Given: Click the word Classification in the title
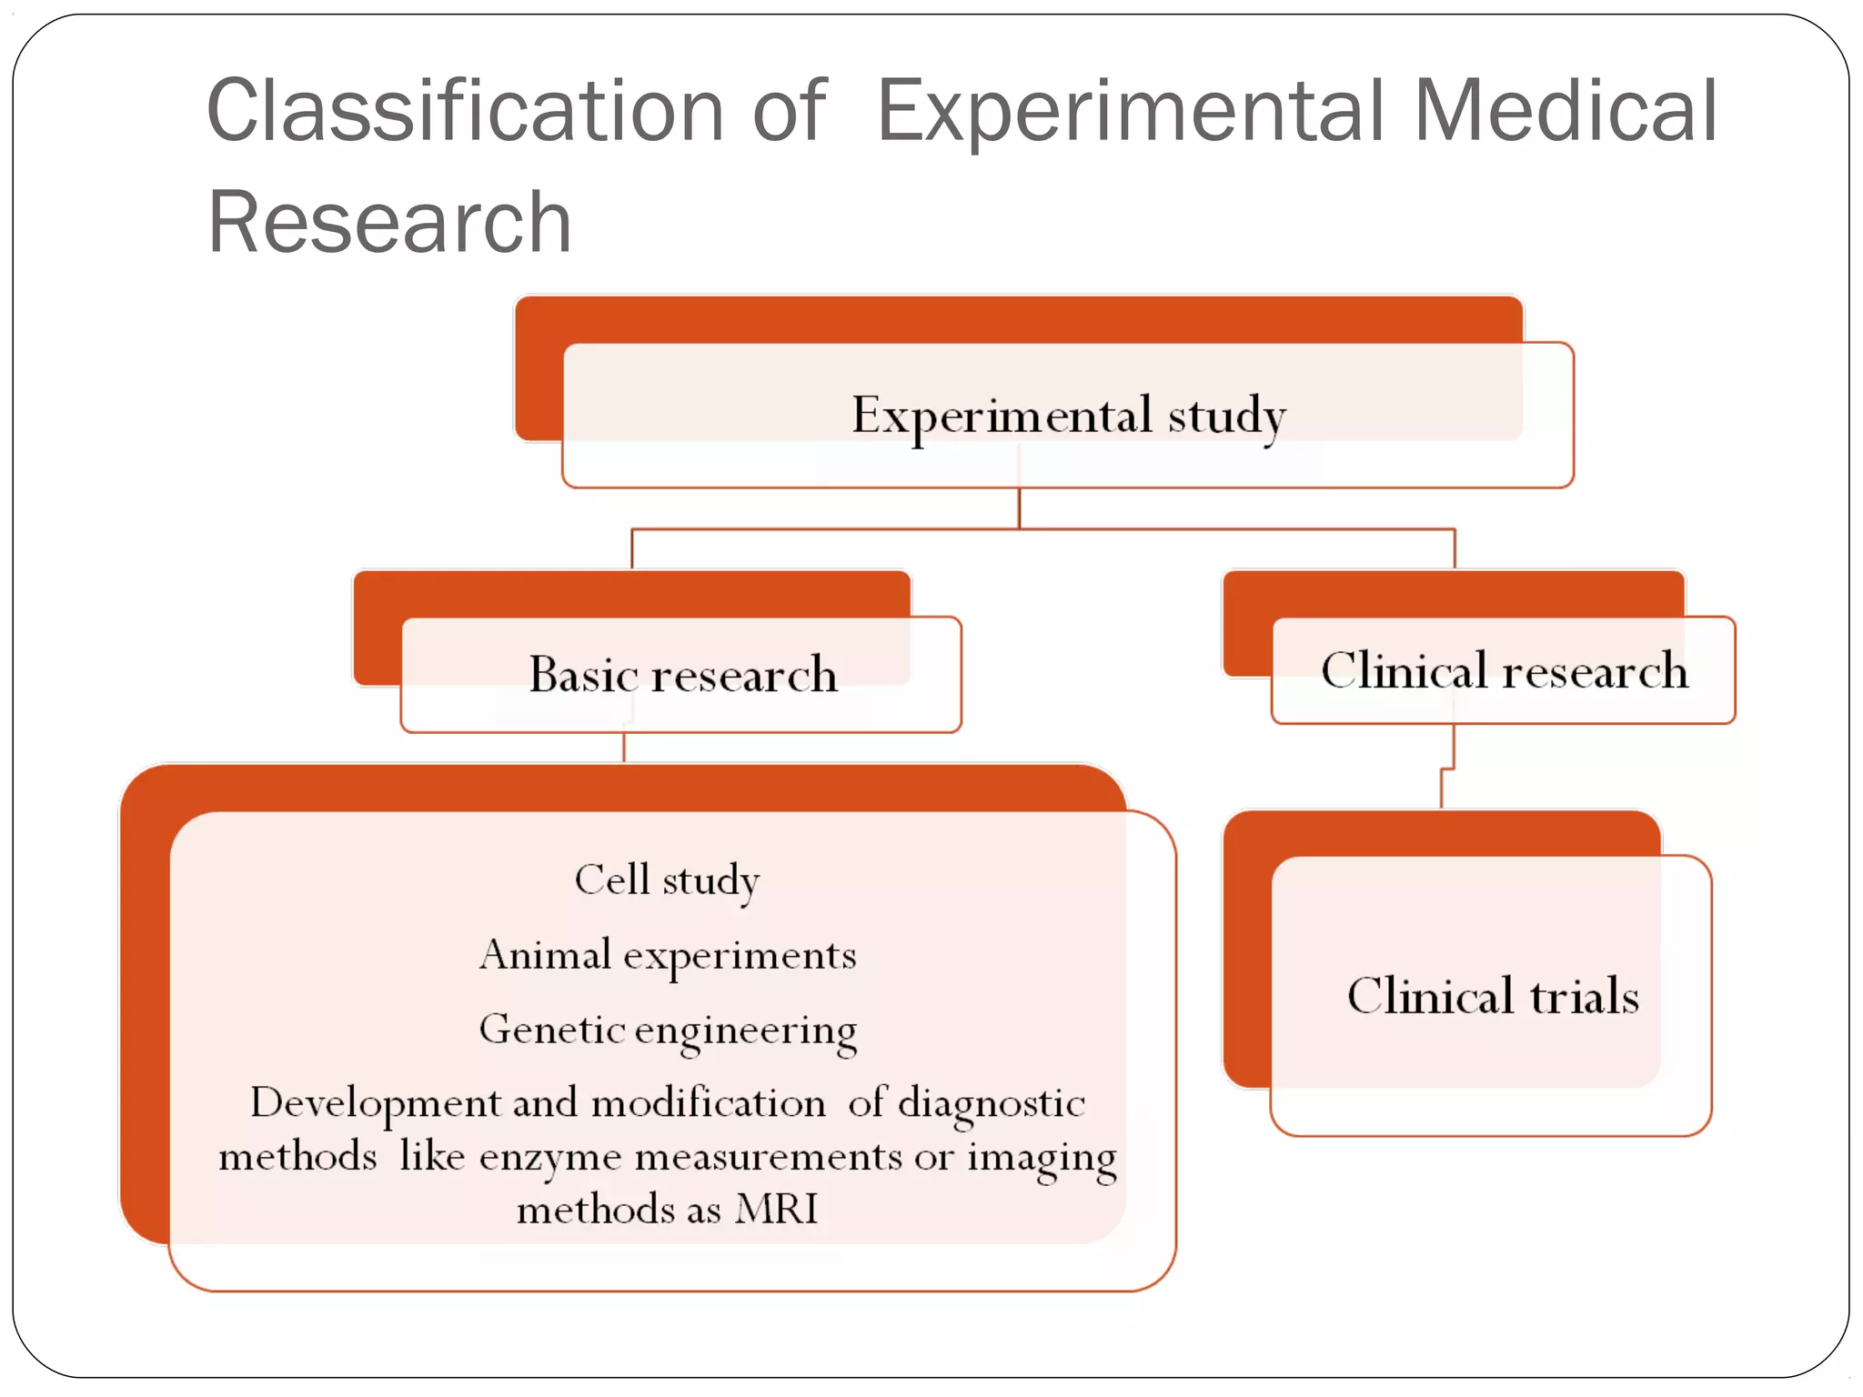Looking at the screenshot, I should [465, 111].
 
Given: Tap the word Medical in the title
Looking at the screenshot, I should [1565, 111].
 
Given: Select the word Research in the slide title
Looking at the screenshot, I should [389, 223].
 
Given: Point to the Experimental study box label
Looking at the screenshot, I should [1068, 416].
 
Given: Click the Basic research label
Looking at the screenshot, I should [682, 675].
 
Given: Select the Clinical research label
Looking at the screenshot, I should [1504, 671].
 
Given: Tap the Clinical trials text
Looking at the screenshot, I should [1493, 996].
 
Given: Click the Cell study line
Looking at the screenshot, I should [667, 880].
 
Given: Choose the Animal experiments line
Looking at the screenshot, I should [667, 955].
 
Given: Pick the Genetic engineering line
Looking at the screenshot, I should [667, 1030].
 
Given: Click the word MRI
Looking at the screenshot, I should [777, 1210].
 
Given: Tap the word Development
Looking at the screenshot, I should [375, 1103].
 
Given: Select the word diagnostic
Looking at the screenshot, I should [991, 1104].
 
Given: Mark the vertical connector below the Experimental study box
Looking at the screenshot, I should [1019, 508].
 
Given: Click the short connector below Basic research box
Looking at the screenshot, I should [624, 748].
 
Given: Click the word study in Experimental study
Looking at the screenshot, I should [1226, 416].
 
